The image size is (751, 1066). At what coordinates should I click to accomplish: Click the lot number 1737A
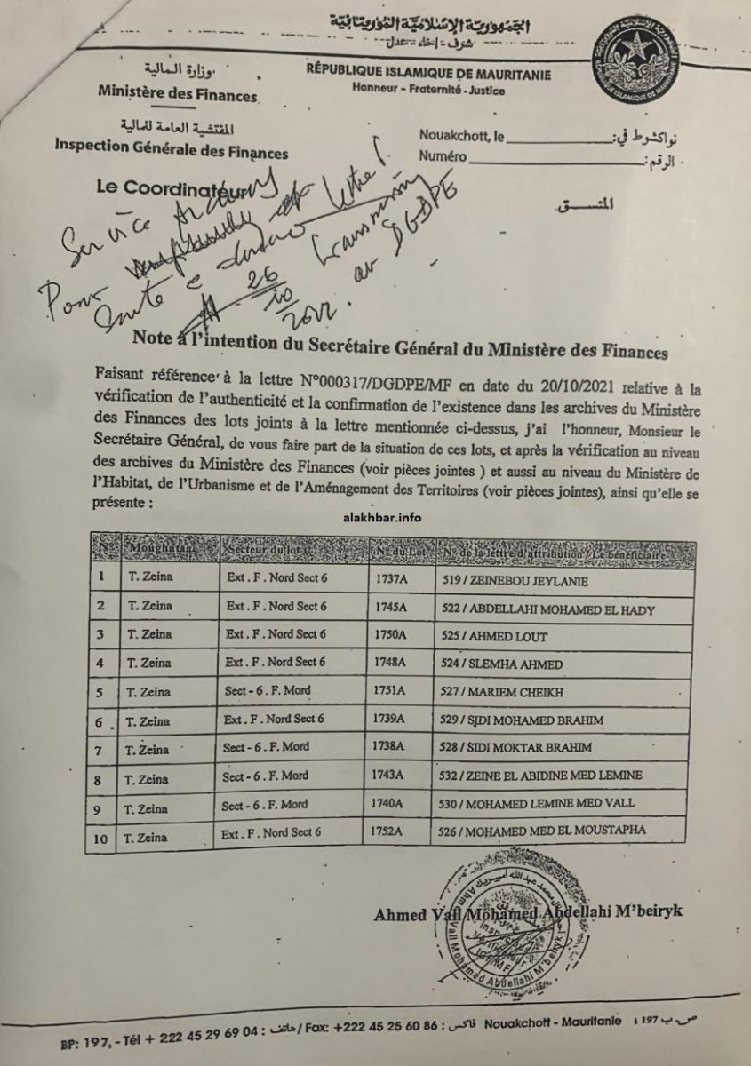[x=393, y=578]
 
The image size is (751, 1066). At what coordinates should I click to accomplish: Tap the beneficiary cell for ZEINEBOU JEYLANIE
[x=520, y=579]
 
